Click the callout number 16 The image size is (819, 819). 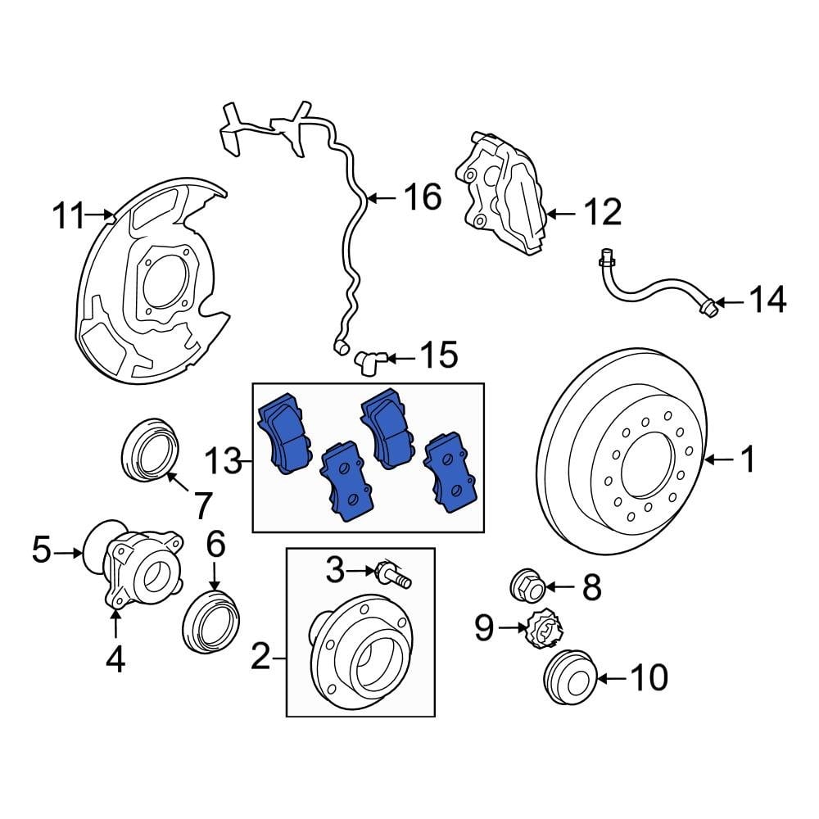pyautogui.click(x=423, y=197)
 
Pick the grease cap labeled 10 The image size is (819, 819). pyautogui.click(x=569, y=678)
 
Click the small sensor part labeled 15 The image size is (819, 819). pyautogui.click(x=369, y=360)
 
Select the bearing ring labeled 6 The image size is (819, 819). pyautogui.click(x=210, y=621)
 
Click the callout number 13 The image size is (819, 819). pyautogui.click(x=222, y=464)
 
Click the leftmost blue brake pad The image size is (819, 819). pyautogui.click(x=285, y=434)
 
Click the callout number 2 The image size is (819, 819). pyautogui.click(x=260, y=658)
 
